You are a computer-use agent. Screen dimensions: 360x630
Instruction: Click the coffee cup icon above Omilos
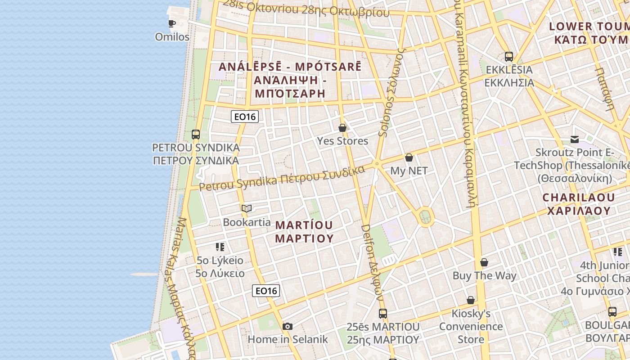[x=171, y=23]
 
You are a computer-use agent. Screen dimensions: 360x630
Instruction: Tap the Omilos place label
[x=172, y=37]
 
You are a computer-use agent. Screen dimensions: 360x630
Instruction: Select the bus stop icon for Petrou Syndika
[x=195, y=134]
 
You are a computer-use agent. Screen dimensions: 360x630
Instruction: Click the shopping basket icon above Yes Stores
[x=342, y=128]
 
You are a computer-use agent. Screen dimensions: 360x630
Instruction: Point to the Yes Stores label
[x=342, y=141]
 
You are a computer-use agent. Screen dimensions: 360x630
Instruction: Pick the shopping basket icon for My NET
[x=409, y=157]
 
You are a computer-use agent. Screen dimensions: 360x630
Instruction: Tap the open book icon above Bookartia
[x=246, y=208]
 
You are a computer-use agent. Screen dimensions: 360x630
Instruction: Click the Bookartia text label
[x=247, y=222]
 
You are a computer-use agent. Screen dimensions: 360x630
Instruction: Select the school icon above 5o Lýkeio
[x=220, y=247]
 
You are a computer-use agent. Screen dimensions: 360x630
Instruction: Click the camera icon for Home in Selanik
[x=288, y=326]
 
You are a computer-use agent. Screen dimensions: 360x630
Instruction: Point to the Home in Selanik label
[x=288, y=340]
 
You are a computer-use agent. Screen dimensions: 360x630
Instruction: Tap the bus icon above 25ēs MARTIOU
[x=383, y=314]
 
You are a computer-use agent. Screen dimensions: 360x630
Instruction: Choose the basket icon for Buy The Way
[x=484, y=262]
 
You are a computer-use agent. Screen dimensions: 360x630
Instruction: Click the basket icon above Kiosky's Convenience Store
[x=471, y=300]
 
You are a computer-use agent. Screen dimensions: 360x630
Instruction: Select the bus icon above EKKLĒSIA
[x=509, y=57]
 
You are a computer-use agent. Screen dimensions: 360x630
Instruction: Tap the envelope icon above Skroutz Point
[x=575, y=139]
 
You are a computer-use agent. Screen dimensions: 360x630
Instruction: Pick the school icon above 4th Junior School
[x=617, y=252]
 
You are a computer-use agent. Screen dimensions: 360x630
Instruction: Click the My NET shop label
[x=409, y=171]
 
